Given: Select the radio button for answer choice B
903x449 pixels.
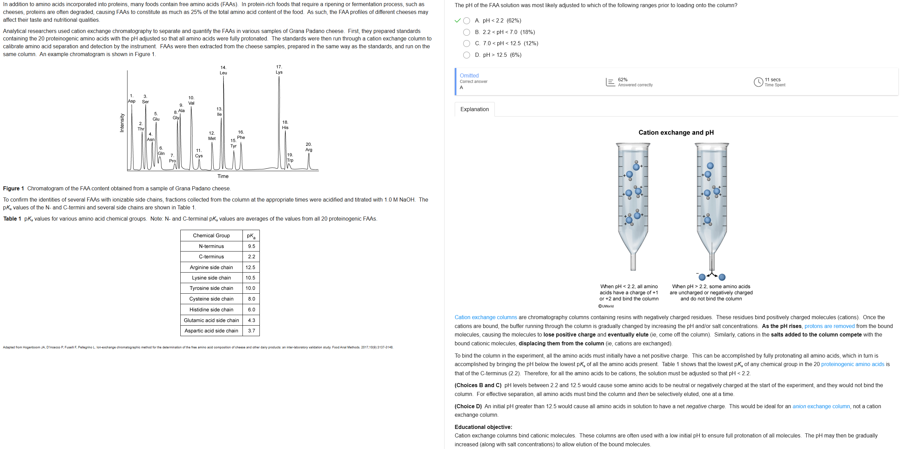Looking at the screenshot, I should pyautogui.click(x=466, y=32).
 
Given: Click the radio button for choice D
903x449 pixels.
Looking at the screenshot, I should pyautogui.click(x=466, y=55).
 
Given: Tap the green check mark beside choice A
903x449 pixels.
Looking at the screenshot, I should pyautogui.click(x=457, y=21).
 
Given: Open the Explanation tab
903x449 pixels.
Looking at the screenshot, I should pyautogui.click(x=474, y=109).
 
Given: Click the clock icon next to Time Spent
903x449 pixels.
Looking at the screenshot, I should pyautogui.click(x=758, y=82).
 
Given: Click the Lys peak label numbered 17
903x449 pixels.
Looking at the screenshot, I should pyautogui.click(x=279, y=70).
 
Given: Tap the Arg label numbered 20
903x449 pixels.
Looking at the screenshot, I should pyautogui.click(x=308, y=147).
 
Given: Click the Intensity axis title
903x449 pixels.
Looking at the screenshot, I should pyautogui.click(x=122, y=123).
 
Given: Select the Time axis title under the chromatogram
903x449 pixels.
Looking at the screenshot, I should pyautogui.click(x=222, y=176).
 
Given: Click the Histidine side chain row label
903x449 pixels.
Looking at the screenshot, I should pyautogui.click(x=211, y=310).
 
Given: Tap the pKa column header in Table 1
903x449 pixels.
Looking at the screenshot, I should pyautogui.click(x=251, y=236).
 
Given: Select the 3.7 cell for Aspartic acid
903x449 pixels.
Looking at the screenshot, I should pyautogui.click(x=251, y=331).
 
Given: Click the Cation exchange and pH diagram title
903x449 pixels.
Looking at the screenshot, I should pyautogui.click(x=676, y=133).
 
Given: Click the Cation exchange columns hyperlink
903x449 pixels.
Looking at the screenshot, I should pyautogui.click(x=486, y=317).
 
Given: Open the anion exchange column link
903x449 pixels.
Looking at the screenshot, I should pyautogui.click(x=821, y=407).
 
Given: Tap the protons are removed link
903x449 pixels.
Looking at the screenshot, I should pyautogui.click(x=829, y=326).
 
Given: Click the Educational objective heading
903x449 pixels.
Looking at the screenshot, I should pyautogui.click(x=483, y=427).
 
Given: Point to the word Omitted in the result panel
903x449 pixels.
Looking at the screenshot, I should pyautogui.click(x=469, y=76).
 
